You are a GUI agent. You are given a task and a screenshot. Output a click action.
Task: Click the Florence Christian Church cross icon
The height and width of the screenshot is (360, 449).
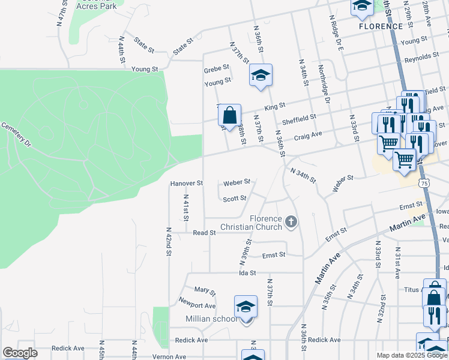pyautogui.click(x=291, y=223)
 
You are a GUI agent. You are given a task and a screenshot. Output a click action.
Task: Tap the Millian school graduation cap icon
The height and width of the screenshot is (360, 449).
pyautogui.click(x=246, y=307)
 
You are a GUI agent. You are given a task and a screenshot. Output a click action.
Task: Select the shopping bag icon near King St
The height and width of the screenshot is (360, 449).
pyautogui.click(x=229, y=114)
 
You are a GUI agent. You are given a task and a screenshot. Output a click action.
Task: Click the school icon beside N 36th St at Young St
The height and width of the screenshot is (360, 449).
pyautogui.click(x=261, y=76)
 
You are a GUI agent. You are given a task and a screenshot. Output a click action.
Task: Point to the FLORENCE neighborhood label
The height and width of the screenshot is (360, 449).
pyautogui.click(x=381, y=26)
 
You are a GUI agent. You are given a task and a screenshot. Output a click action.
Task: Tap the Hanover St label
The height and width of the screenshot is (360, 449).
pyautogui.click(x=187, y=183)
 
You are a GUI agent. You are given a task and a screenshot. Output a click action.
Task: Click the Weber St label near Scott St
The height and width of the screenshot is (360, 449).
pyautogui.click(x=237, y=182)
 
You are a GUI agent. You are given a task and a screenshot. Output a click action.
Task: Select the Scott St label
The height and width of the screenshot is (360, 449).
pyautogui.click(x=235, y=199)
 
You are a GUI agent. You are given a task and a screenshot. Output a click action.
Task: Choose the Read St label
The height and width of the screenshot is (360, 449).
pyautogui.click(x=204, y=233)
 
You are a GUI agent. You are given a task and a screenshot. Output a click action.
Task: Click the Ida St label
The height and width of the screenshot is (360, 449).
pyautogui.click(x=247, y=272)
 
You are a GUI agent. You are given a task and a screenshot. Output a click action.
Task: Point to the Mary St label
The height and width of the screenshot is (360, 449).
pyautogui.click(x=205, y=291)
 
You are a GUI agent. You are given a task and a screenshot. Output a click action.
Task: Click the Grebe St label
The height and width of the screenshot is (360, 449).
pyautogui.click(x=217, y=68)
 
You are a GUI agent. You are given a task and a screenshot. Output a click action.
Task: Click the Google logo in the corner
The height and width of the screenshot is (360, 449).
pyautogui.click(x=20, y=353)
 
